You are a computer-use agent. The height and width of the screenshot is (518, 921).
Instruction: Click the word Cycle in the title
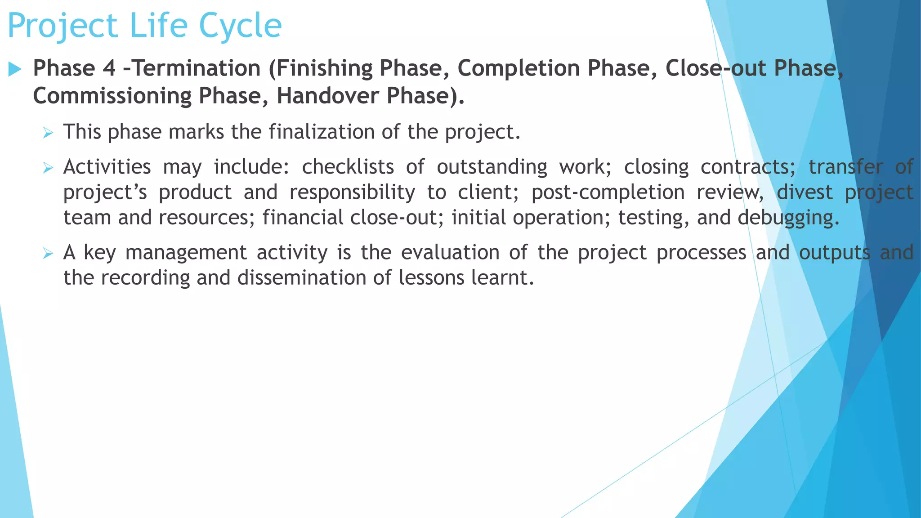(240, 26)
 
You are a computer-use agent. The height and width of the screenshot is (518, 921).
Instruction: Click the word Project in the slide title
(63, 26)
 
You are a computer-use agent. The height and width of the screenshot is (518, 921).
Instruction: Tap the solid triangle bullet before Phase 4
(15, 69)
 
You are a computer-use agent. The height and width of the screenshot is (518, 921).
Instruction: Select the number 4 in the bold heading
(109, 68)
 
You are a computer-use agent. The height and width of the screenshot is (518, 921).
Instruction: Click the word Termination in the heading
(197, 68)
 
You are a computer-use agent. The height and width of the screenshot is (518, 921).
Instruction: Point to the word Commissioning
(112, 96)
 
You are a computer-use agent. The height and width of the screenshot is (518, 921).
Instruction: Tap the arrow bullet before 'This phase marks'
(48, 133)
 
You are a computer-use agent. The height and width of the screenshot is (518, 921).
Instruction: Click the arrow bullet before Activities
(48, 168)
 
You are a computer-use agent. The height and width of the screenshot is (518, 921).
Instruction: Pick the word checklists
(348, 167)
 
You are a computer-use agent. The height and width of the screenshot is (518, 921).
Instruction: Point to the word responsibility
(352, 192)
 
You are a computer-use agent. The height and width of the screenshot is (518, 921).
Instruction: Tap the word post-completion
(608, 192)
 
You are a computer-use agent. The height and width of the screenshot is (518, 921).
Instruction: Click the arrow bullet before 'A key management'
(48, 253)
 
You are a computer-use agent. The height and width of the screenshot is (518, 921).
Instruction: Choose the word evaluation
(450, 252)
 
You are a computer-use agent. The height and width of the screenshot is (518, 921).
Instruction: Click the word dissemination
(301, 277)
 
